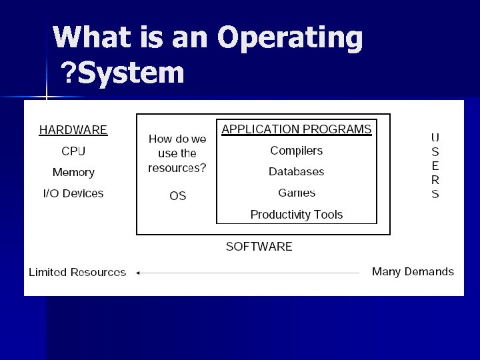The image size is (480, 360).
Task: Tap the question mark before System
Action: [x=68, y=73]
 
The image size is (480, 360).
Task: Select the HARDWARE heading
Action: [x=73, y=130]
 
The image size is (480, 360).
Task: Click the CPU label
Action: [x=73, y=151]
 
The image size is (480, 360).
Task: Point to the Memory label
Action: [x=73, y=173]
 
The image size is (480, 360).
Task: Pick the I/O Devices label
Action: [x=73, y=194]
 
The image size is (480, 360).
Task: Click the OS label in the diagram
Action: [x=177, y=196]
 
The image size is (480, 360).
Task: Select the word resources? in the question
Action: [x=177, y=168]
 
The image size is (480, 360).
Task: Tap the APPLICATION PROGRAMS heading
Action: [x=297, y=129]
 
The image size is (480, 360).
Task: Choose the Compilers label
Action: [x=297, y=151]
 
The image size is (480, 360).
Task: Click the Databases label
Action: [x=297, y=172]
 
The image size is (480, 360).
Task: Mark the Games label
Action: [x=297, y=193]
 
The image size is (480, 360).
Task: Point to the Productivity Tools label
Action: [x=297, y=215]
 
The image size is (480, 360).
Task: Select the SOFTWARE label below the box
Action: [x=259, y=247]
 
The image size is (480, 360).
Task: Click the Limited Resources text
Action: [x=77, y=272]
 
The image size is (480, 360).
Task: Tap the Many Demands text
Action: [x=413, y=271]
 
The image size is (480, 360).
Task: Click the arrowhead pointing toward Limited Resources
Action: [x=137, y=273]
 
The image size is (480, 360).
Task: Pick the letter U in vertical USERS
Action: [x=435, y=137]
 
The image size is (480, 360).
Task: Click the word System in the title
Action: [x=131, y=73]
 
